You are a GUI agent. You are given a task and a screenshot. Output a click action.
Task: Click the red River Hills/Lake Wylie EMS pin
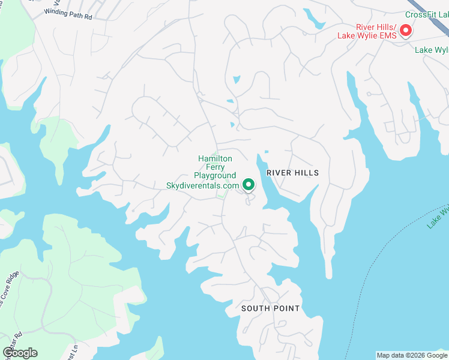point(406,29)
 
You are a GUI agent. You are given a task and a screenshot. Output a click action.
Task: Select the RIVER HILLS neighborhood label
point(292,173)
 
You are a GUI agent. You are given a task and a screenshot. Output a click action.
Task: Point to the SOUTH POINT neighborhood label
point(270,308)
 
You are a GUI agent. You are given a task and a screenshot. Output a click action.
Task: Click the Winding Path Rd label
point(68,14)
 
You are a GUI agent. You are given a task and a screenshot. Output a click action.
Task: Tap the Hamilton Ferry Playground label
point(214,167)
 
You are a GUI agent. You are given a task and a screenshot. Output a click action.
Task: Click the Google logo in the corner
point(20,353)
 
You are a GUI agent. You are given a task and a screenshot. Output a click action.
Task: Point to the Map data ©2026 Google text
point(412,355)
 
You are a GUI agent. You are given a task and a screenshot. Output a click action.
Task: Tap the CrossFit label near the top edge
point(426,14)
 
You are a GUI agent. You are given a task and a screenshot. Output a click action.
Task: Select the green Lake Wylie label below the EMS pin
point(432,50)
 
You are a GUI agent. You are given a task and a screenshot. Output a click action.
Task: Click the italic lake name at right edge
point(438,217)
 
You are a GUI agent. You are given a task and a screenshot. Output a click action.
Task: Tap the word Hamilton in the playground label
point(214,158)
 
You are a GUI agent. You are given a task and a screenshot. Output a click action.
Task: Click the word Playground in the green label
point(214,176)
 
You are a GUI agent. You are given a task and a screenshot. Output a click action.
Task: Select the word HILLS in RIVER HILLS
point(307,173)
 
